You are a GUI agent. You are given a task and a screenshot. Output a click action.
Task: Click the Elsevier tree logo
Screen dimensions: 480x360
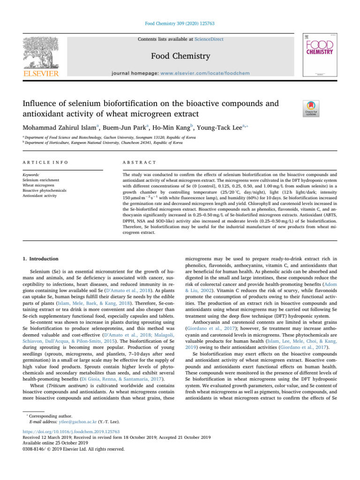point(41,51)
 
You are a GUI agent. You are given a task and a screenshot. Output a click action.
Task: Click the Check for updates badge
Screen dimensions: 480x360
point(312,109)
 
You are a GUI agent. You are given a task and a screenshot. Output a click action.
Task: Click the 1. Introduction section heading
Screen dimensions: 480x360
point(40,259)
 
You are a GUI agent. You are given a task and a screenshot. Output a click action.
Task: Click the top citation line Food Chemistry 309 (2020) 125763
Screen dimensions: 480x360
point(180,22)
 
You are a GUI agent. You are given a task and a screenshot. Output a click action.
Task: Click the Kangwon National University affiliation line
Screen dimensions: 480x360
point(103,142)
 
